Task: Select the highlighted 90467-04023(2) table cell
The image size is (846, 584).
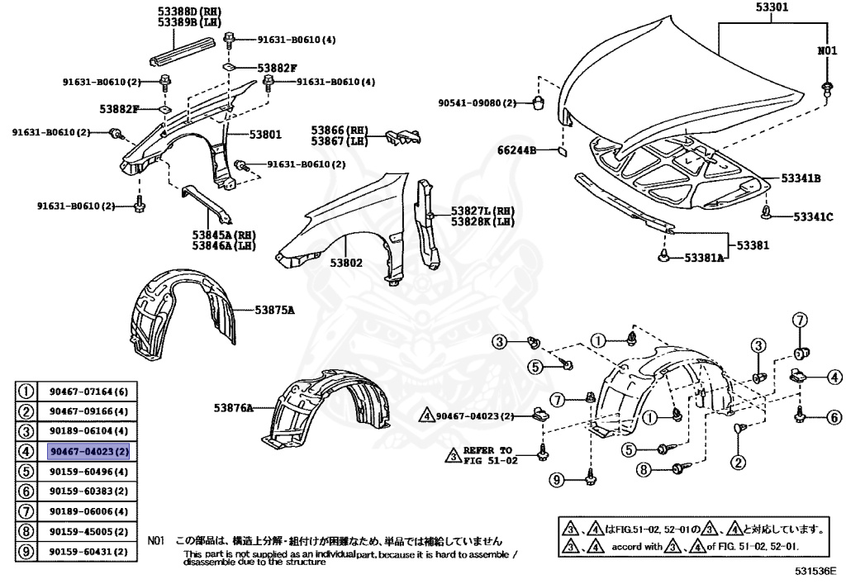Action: pos(88,452)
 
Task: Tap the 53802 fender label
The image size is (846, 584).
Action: pos(346,263)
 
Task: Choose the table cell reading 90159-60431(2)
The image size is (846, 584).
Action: pos(88,551)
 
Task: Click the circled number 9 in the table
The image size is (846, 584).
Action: pos(26,551)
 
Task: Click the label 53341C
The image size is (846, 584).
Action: pos(813,216)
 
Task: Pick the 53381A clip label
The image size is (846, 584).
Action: pos(703,259)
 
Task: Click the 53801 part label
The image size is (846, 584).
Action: pos(260,134)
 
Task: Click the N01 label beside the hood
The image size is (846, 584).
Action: pos(827,50)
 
